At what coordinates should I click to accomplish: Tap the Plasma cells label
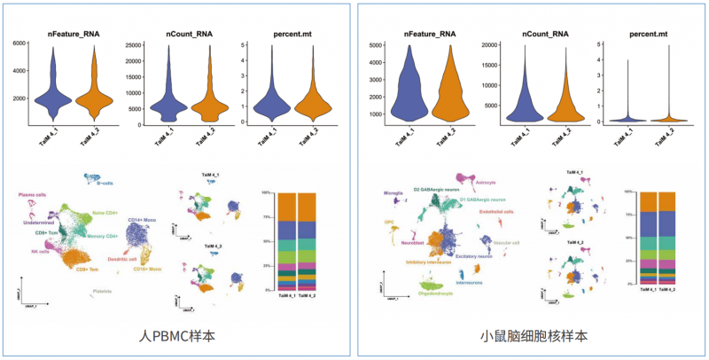tap(33, 194)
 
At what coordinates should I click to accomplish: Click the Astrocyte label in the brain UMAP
tap(486, 182)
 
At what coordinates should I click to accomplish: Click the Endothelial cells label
tap(495, 212)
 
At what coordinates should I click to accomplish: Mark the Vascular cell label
tap(506, 242)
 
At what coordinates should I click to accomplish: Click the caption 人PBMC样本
tap(177, 336)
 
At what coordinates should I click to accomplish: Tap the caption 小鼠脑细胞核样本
tap(533, 336)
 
